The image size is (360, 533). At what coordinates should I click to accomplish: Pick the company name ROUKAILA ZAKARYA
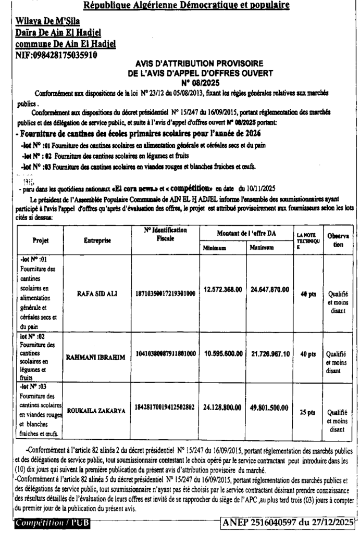coord(96,411)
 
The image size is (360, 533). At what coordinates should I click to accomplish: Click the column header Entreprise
coord(97,240)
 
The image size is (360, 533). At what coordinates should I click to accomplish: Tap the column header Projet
coord(40,241)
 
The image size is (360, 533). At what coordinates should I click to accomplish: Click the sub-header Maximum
coord(262,248)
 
